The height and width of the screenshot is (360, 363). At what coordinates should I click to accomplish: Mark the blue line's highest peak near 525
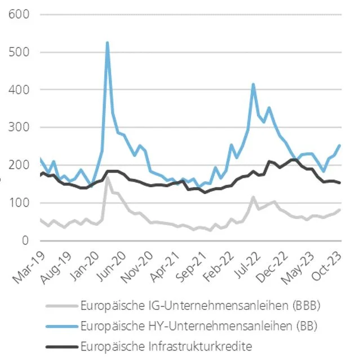(x=107, y=42)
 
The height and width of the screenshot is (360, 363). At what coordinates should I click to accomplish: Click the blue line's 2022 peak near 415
(x=254, y=84)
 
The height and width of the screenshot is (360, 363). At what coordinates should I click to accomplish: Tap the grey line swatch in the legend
(x=60, y=306)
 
